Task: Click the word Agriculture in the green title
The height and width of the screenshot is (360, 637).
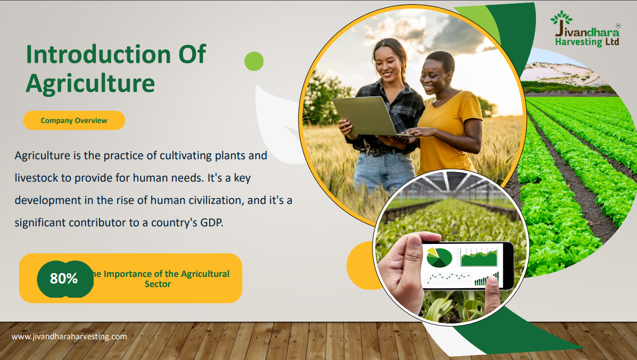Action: click(x=90, y=84)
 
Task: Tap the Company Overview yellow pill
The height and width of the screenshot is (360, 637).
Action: click(x=74, y=120)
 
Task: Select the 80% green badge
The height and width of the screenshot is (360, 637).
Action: click(x=65, y=279)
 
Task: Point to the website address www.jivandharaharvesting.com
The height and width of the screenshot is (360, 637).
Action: click(x=69, y=337)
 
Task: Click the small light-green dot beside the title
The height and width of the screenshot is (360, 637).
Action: click(x=254, y=61)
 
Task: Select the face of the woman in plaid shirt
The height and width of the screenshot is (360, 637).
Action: click(x=387, y=61)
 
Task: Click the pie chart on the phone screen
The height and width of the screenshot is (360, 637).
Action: click(x=439, y=257)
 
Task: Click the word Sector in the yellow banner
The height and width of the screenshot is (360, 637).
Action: click(x=158, y=284)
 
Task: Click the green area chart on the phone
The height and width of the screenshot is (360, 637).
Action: click(x=479, y=258)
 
